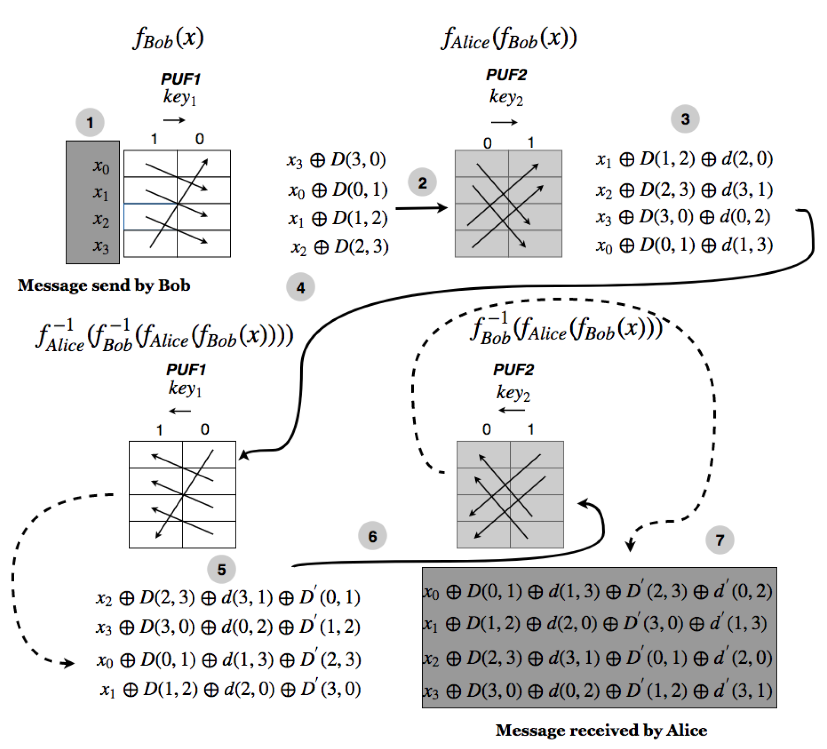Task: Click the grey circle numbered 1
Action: (x=90, y=123)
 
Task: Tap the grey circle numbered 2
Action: (x=422, y=183)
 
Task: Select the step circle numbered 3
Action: (x=685, y=119)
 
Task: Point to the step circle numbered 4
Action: (x=300, y=287)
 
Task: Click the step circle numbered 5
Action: (x=221, y=569)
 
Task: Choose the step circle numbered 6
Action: (x=372, y=536)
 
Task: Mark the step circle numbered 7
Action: (x=719, y=540)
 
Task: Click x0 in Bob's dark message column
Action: (x=101, y=166)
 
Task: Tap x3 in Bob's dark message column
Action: (x=101, y=246)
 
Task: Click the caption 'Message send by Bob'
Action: (x=104, y=286)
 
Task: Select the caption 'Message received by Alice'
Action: (x=601, y=730)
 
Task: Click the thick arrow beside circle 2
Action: (x=421, y=208)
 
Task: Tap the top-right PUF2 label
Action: (x=506, y=75)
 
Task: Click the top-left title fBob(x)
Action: (x=168, y=38)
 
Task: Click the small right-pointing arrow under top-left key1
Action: (x=174, y=120)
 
